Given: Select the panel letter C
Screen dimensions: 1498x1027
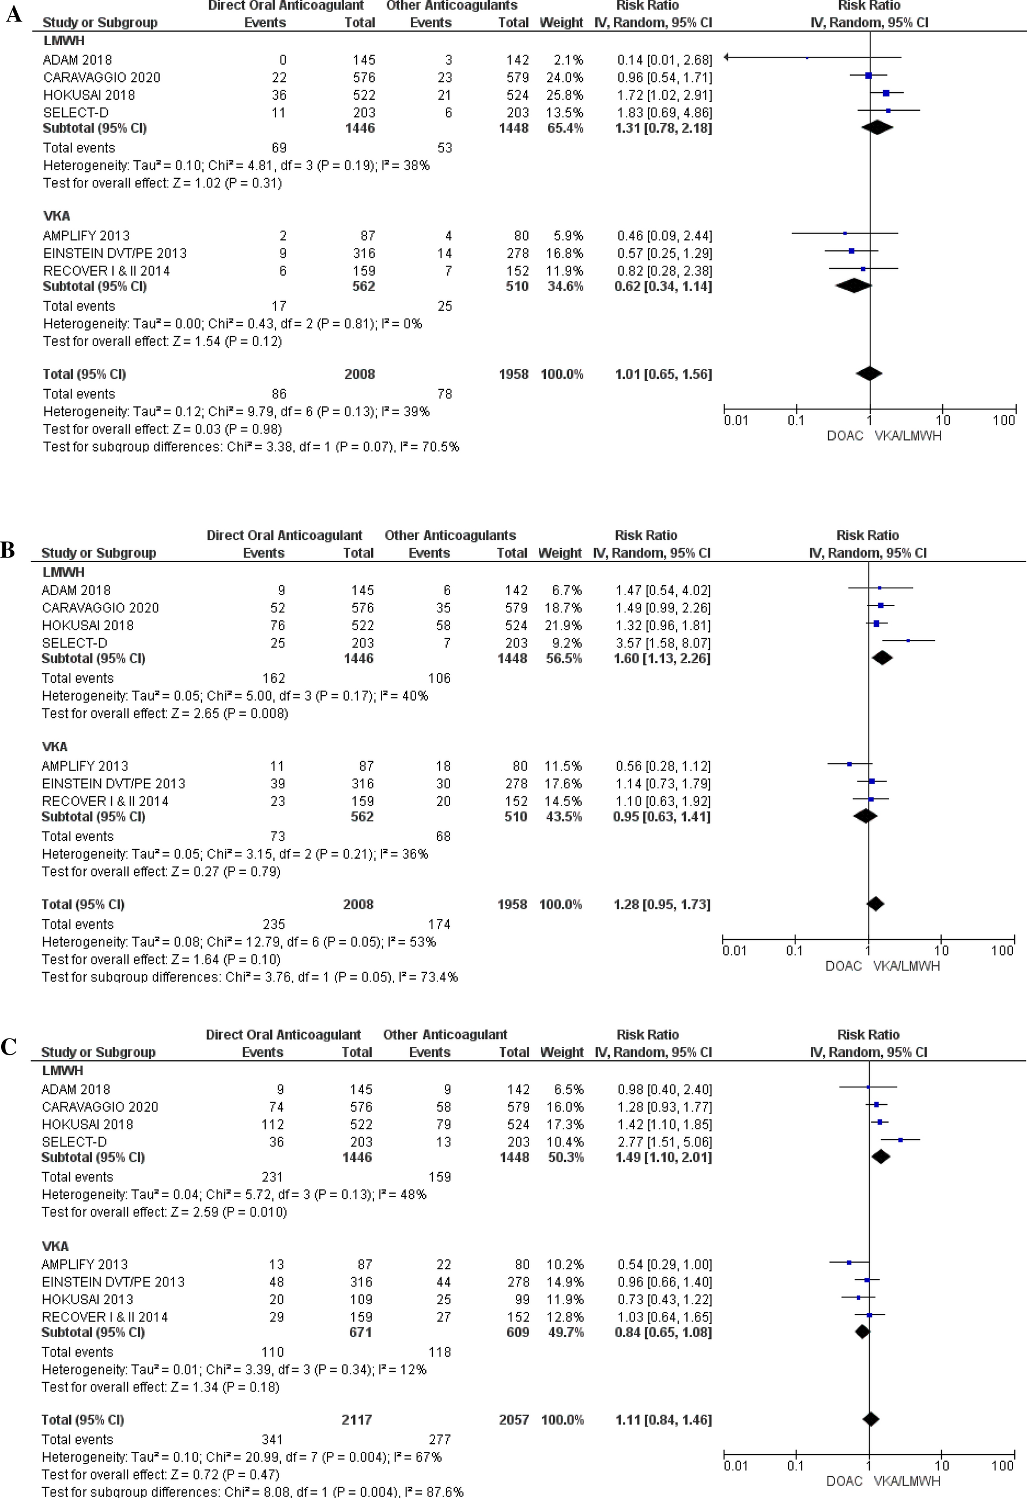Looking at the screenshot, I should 9,1046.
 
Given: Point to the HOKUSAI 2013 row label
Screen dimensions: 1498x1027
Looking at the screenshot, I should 88,1300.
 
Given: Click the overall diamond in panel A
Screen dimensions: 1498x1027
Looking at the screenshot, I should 869,373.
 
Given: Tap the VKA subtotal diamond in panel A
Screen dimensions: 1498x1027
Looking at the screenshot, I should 852,285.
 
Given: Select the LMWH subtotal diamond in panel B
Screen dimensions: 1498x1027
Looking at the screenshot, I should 881,658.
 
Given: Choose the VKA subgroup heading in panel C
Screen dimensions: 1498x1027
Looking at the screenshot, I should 55,1246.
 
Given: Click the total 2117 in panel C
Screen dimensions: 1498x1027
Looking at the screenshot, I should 357,1420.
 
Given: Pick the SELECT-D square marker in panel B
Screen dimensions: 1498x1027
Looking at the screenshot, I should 908,641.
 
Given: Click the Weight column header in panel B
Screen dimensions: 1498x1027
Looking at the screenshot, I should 560,552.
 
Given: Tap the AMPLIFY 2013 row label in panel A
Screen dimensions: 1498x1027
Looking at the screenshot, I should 86,235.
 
